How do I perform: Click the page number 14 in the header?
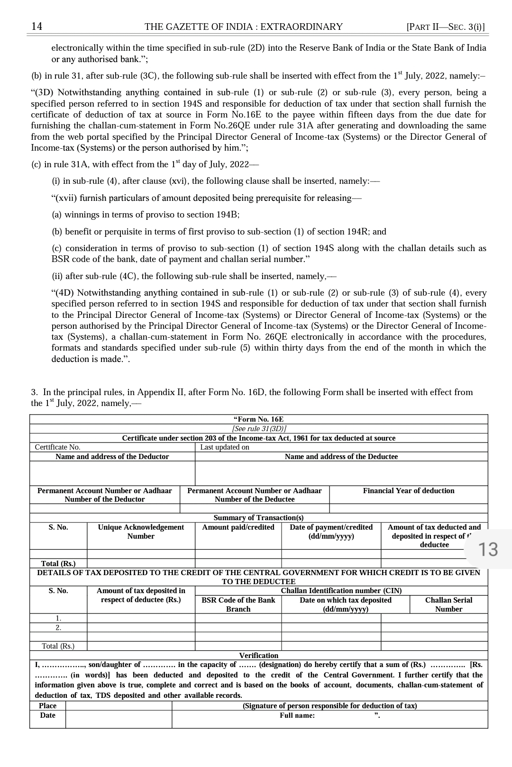pos(37,27)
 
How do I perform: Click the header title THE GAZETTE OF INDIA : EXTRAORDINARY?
pos(243,27)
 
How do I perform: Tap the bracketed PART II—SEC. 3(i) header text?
pos(446,27)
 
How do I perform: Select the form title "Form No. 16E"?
pos(258,419)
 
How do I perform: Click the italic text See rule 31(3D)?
pos(259,429)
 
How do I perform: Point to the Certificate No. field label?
pos(57,447)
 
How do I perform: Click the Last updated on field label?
pos(224,447)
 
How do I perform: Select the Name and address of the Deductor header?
pos(112,457)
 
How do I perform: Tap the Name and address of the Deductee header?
pos(341,457)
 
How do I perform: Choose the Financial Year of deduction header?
pos(408,491)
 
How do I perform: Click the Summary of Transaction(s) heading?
pos(258,518)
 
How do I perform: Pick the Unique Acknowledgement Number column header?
pos(141,532)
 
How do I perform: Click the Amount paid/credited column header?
pos(238,527)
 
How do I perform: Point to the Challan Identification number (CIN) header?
pos(341,591)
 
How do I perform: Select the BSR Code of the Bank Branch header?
pos(238,605)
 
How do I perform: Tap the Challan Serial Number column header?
pos(448,605)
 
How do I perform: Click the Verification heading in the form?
pos(258,656)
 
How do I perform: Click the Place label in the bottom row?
pos(47,706)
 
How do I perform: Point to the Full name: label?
pos(297,715)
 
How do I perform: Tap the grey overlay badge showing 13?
pos(488,550)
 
